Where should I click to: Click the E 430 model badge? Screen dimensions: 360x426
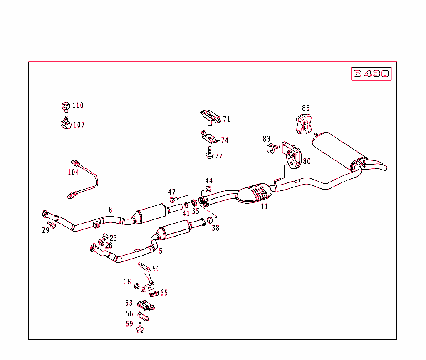tap(371, 74)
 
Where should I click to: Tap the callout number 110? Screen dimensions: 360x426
tap(77, 106)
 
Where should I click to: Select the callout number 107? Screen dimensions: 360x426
tap(79, 125)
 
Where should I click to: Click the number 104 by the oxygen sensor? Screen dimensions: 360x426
tap(73, 172)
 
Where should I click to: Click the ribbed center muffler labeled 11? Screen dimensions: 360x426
tap(254, 193)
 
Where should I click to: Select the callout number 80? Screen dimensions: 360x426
tap(306, 162)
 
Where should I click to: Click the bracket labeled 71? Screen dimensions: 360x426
tap(210, 117)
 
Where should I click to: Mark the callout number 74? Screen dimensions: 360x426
tap(225, 141)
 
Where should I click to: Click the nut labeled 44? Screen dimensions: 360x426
tap(208, 189)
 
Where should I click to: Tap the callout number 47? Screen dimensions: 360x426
tap(172, 192)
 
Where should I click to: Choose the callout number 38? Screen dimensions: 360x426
tap(215, 228)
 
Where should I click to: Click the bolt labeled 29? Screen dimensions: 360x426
tap(52, 225)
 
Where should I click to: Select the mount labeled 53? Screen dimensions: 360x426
tap(146, 306)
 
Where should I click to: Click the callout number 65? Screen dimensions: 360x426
tap(164, 293)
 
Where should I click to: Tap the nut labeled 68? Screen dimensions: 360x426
tap(136, 286)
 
